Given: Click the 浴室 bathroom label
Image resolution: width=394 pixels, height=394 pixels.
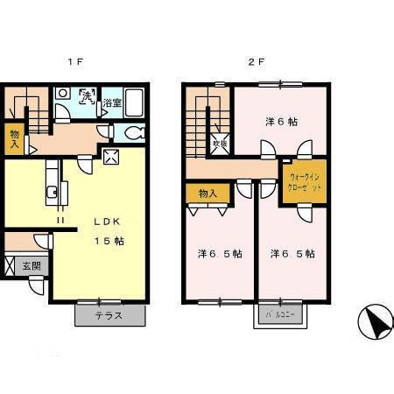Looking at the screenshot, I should click(x=112, y=103).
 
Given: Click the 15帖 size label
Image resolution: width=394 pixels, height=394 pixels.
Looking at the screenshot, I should click(x=109, y=240).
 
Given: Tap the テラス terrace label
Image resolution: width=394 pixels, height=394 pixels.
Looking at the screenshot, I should click(x=109, y=316).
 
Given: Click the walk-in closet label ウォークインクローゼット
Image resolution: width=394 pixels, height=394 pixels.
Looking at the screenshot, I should click(x=304, y=183).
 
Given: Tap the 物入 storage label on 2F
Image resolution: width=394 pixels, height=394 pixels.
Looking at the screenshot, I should click(x=208, y=193).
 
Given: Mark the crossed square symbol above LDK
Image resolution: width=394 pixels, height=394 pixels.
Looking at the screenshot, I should click(x=111, y=158).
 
